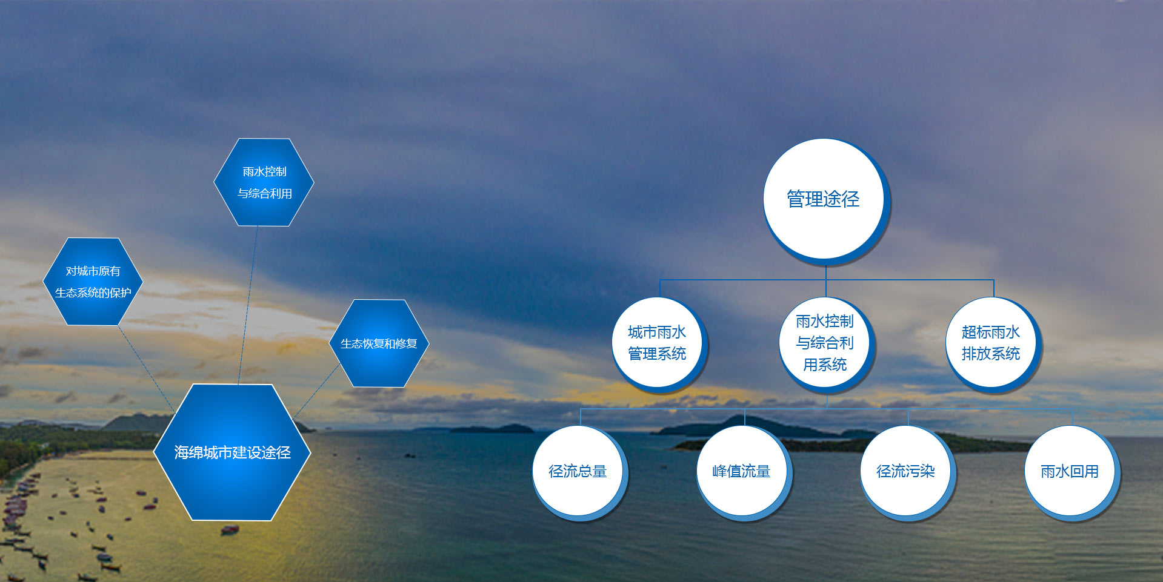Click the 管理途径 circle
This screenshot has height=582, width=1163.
point(825,200)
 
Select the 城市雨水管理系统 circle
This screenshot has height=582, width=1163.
point(659,344)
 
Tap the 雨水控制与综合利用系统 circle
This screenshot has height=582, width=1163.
point(825,344)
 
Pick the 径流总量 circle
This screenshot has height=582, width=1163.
point(579,472)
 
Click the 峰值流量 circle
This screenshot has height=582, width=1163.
point(744,472)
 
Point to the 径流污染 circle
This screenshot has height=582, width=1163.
point(907,472)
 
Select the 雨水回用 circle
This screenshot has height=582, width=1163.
point(1071,472)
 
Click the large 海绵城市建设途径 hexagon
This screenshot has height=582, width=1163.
point(232,452)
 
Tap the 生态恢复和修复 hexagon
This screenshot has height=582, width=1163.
point(379,343)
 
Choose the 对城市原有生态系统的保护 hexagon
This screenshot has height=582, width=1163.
point(93,282)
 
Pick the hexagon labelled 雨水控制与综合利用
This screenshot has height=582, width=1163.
point(264,182)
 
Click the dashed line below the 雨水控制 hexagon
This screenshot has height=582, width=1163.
point(248,305)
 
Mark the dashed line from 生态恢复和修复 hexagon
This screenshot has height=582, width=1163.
point(317,392)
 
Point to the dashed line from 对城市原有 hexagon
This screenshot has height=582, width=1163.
point(147,369)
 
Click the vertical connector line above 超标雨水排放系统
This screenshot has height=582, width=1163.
point(993,288)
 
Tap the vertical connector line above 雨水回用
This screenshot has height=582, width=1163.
point(1072,417)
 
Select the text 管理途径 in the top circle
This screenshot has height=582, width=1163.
point(823,199)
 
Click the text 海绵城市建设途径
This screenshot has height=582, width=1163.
point(232,452)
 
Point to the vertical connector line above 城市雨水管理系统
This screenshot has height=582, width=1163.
point(660,288)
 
